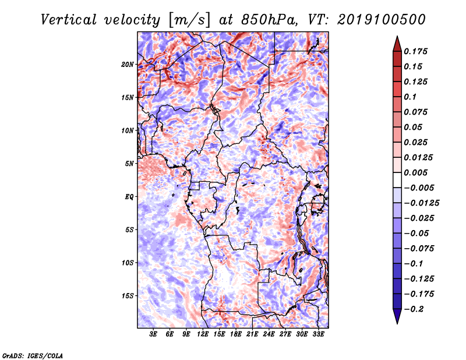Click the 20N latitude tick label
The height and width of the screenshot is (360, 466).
128,65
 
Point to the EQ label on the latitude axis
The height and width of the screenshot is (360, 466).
129,197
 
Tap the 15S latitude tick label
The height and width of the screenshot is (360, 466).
128,296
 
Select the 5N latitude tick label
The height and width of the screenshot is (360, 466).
129,164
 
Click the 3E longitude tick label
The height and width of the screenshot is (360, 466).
153,334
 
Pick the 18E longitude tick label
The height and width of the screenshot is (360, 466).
236,334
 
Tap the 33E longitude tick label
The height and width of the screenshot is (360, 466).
318,334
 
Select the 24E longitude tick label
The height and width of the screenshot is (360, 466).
269,334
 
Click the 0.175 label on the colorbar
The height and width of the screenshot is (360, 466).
415,51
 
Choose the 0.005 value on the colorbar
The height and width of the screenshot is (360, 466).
415,172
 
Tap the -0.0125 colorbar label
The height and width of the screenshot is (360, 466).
421,203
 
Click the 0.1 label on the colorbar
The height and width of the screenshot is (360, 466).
410,97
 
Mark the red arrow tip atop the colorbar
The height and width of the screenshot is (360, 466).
397,36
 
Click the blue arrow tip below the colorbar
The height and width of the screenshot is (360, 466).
397,323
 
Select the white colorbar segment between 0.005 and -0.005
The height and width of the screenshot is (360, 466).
397,180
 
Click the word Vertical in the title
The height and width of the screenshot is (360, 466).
69,20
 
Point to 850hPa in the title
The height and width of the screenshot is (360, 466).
269,20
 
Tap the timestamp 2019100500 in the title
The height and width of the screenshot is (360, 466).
382,20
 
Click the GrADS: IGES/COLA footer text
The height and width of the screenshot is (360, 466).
33,355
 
